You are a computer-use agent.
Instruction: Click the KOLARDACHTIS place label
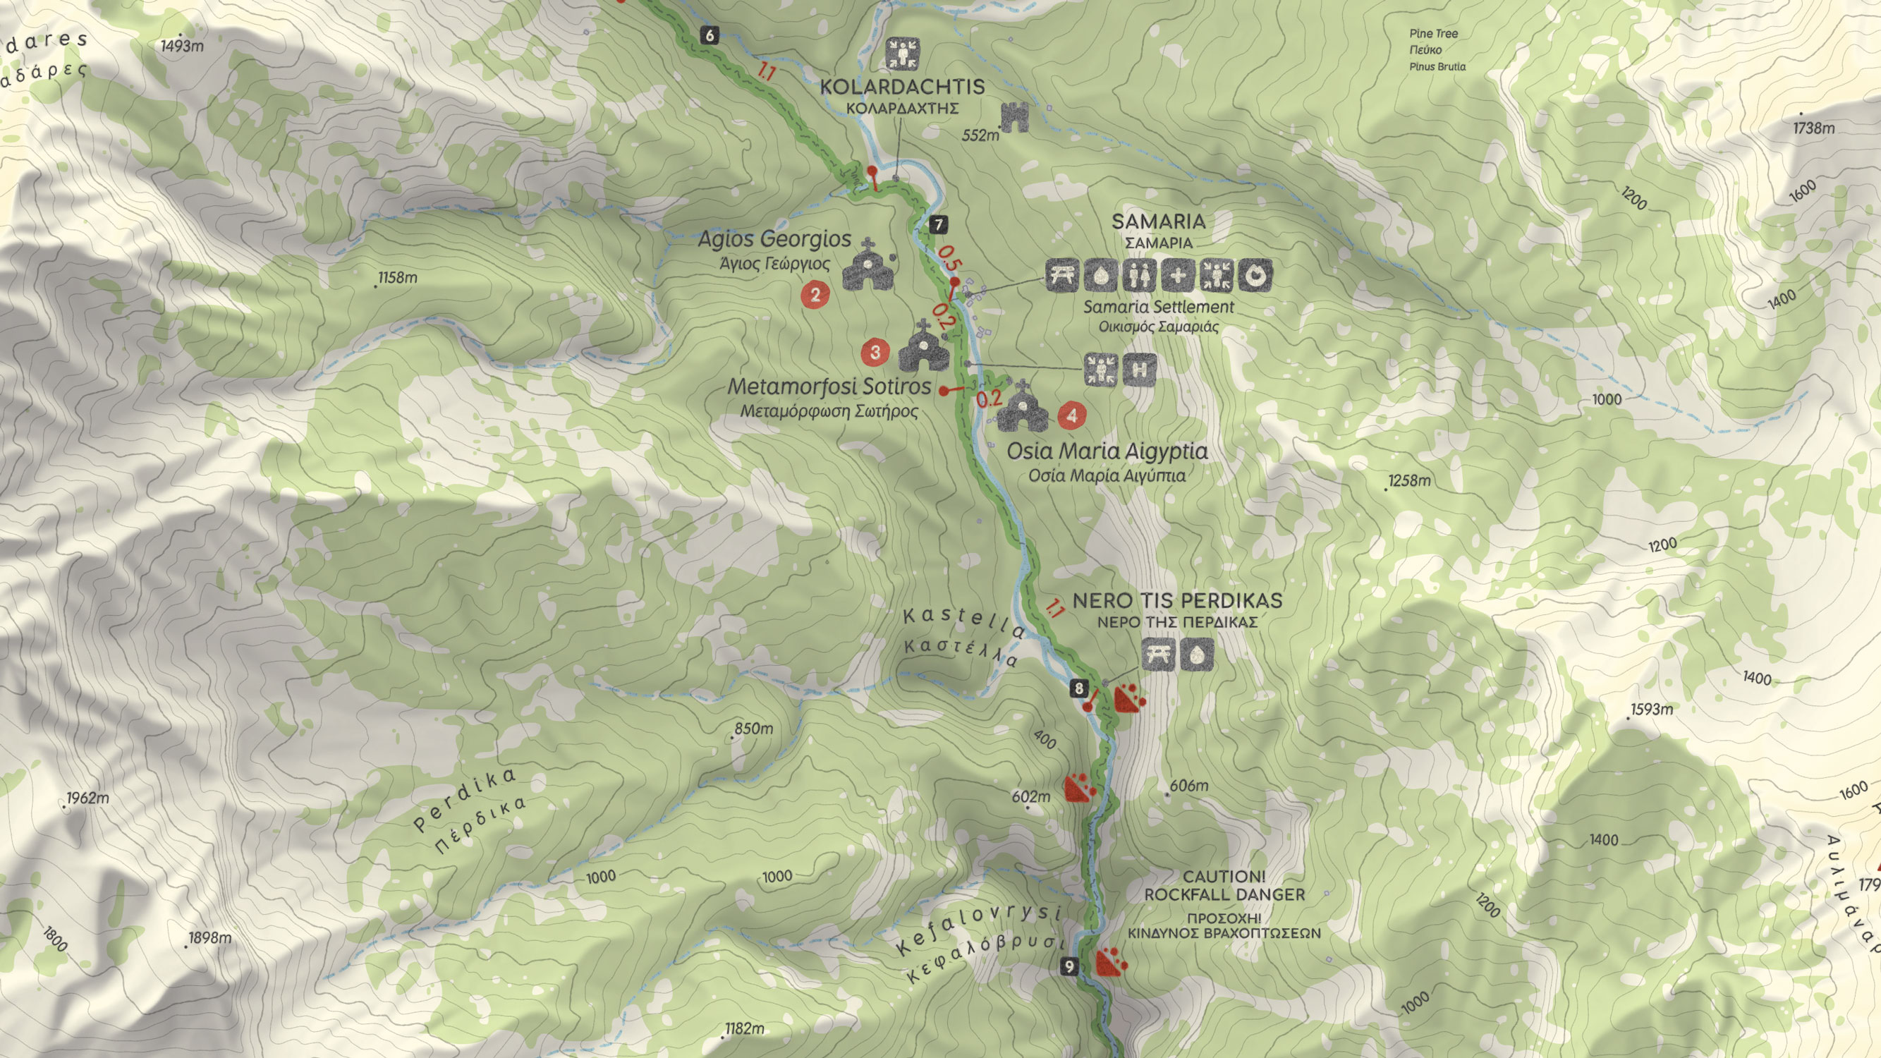[x=903, y=87]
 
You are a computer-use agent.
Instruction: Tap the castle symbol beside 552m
[x=1014, y=117]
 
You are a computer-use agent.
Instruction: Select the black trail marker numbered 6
[x=709, y=35]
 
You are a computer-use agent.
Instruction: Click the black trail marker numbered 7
[x=938, y=225]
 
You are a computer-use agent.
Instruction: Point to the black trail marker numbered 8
[x=1078, y=688]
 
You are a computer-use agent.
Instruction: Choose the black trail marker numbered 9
[x=1069, y=967]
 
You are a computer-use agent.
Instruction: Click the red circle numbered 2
[x=815, y=294]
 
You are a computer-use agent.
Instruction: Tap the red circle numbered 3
[x=875, y=353]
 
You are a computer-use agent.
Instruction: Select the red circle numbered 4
[x=1072, y=415]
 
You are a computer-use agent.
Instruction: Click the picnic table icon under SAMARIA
[x=1061, y=275]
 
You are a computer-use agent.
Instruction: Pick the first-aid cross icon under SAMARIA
[x=1177, y=275]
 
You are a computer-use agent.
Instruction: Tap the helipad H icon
[x=1139, y=370]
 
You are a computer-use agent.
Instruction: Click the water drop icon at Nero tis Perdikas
[x=1196, y=655]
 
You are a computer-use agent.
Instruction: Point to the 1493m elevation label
[x=182, y=46]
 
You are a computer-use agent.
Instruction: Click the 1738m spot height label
[x=1814, y=128]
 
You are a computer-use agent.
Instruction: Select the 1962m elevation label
[x=87, y=798]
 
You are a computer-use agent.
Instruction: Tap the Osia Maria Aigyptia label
[x=1107, y=451]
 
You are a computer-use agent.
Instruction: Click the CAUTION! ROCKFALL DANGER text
[x=1224, y=885]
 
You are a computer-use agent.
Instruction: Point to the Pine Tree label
[x=1433, y=34]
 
